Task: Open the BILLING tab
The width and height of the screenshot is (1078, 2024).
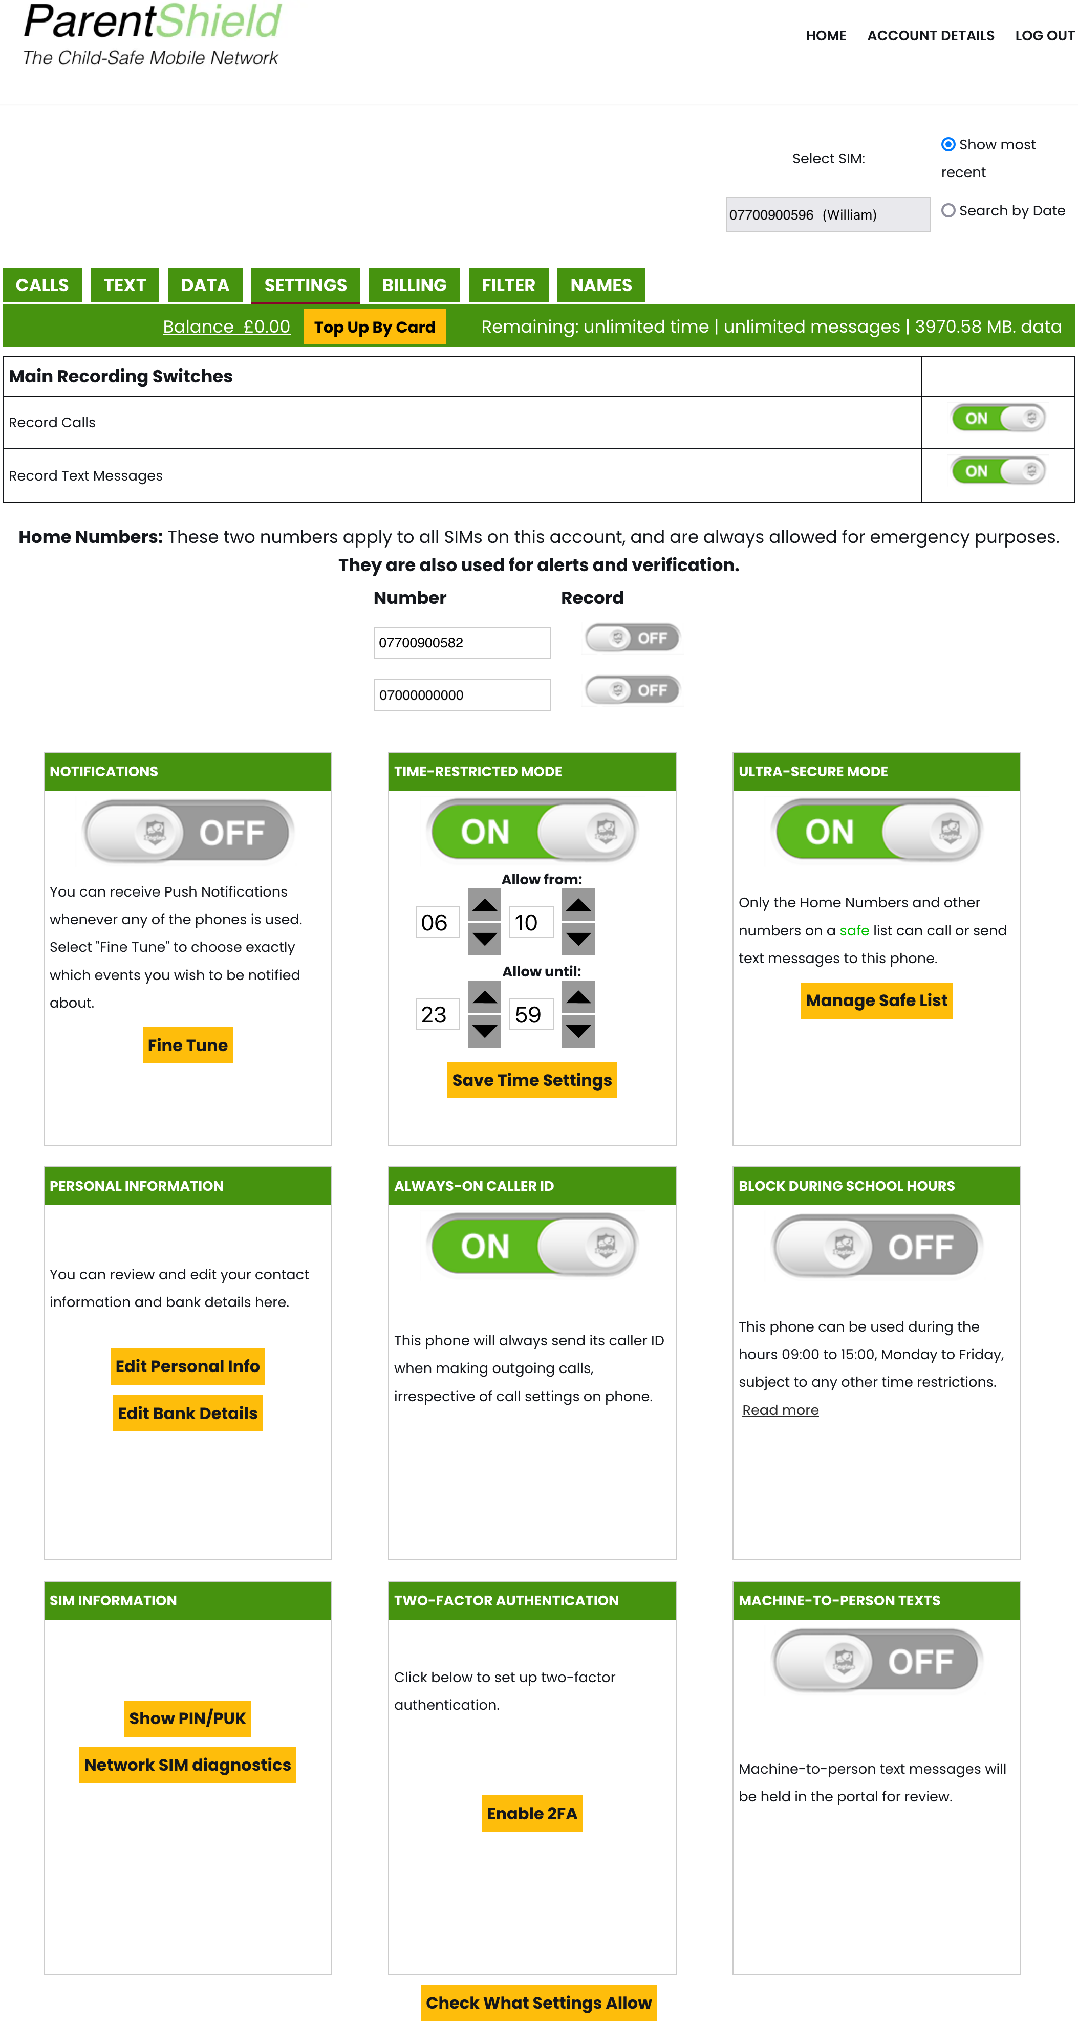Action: pyautogui.click(x=414, y=285)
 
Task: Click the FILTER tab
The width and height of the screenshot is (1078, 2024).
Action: pyautogui.click(x=508, y=285)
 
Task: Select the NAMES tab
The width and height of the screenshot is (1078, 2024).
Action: pyautogui.click(x=600, y=285)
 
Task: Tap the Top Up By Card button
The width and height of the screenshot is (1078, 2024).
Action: pyautogui.click(x=374, y=327)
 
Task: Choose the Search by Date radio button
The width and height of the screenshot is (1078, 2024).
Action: pyautogui.click(x=948, y=210)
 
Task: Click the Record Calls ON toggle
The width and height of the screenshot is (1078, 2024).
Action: pyautogui.click(x=998, y=418)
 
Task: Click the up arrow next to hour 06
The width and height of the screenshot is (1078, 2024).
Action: pyautogui.click(x=484, y=905)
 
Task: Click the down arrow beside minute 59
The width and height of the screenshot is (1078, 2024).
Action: pyautogui.click(x=578, y=1031)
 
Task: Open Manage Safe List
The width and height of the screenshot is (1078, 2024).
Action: pyautogui.click(x=876, y=1000)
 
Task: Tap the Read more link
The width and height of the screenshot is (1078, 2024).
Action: pyautogui.click(x=780, y=1410)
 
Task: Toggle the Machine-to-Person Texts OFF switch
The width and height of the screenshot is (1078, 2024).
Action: pyautogui.click(x=876, y=1661)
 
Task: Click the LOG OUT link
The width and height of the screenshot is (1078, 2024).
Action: pyautogui.click(x=1044, y=35)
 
